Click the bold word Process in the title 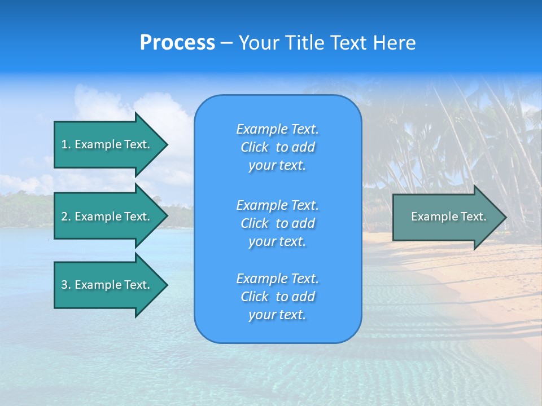click(177, 43)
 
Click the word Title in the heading click(303, 43)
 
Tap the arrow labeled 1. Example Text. click(105, 144)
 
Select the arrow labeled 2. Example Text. click(105, 217)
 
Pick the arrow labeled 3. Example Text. click(105, 285)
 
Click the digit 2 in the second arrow click(64, 217)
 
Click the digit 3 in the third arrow click(64, 285)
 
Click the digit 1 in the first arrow click(64, 144)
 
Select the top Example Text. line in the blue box click(277, 129)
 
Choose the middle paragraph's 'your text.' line click(277, 241)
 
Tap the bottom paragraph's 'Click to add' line click(277, 297)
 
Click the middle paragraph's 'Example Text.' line click(277, 205)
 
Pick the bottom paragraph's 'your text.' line click(277, 315)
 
